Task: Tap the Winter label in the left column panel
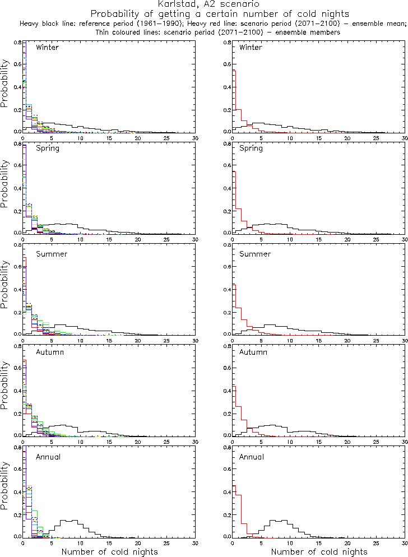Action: (47, 47)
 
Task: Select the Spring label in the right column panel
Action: (251, 149)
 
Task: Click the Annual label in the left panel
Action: (48, 457)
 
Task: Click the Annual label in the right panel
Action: (252, 457)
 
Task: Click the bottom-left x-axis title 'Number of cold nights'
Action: (109, 552)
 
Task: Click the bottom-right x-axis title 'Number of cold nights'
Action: (319, 552)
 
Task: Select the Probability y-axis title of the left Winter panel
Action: (5, 87)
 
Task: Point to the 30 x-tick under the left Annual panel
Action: (195, 543)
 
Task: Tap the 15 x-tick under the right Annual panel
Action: (318, 543)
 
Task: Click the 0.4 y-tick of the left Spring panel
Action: (17, 188)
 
